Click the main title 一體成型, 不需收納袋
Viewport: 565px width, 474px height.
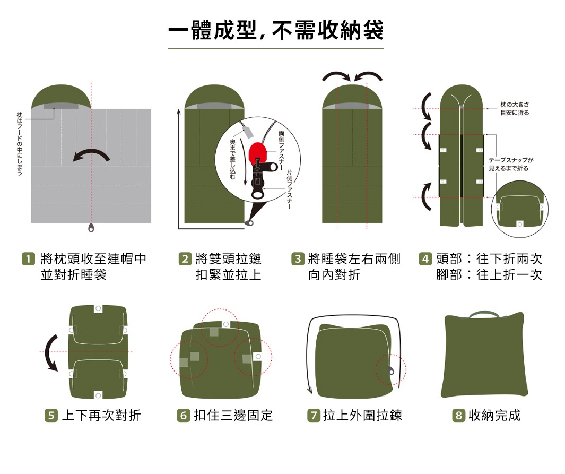pos(276,31)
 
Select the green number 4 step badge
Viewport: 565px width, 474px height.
pos(425,260)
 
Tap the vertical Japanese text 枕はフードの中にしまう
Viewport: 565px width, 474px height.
pos(20,144)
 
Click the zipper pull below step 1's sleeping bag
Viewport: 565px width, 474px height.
pos(92,228)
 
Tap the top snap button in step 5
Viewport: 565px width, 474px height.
pos(98,308)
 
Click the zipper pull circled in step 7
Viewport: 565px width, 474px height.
pos(391,371)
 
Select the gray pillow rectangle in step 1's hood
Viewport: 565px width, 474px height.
pos(61,106)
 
